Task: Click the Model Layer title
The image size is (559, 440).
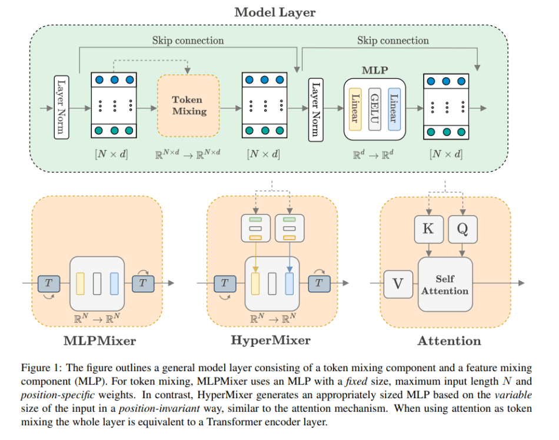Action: pos(275,12)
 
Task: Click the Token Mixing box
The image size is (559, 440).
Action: pos(188,105)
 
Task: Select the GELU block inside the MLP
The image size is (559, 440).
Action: pos(374,109)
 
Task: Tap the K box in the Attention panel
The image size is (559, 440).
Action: pos(428,229)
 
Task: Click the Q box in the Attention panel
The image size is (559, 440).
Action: pos(462,229)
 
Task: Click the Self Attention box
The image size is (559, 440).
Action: pos(445,284)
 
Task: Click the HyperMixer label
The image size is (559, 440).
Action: pos(271,340)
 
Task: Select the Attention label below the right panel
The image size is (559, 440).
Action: pos(449,340)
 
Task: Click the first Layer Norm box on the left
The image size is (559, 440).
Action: pos(62,107)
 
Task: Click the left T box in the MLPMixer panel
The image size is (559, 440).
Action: pos(49,283)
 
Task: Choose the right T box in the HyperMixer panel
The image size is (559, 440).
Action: pos(319,283)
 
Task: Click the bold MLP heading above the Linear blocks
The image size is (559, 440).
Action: pos(374,70)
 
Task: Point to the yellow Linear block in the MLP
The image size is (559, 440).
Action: pos(355,109)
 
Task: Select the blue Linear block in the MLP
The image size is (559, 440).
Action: pos(394,109)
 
